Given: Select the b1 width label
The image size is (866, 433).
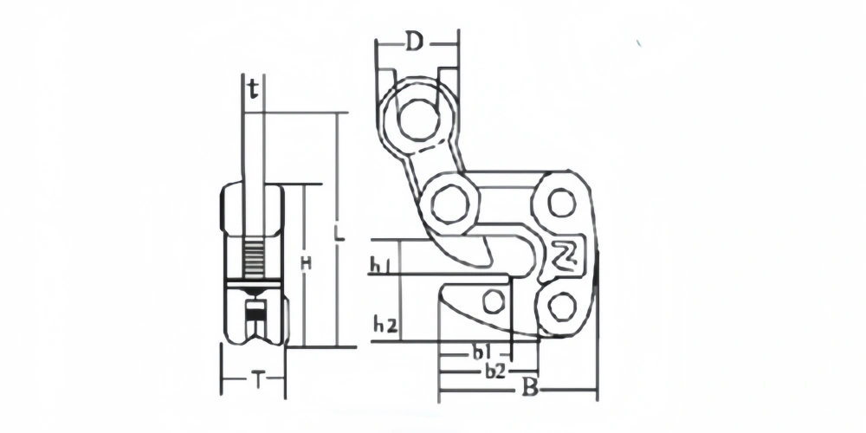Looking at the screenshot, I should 481,353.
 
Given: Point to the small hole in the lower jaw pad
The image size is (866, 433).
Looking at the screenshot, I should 494,301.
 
